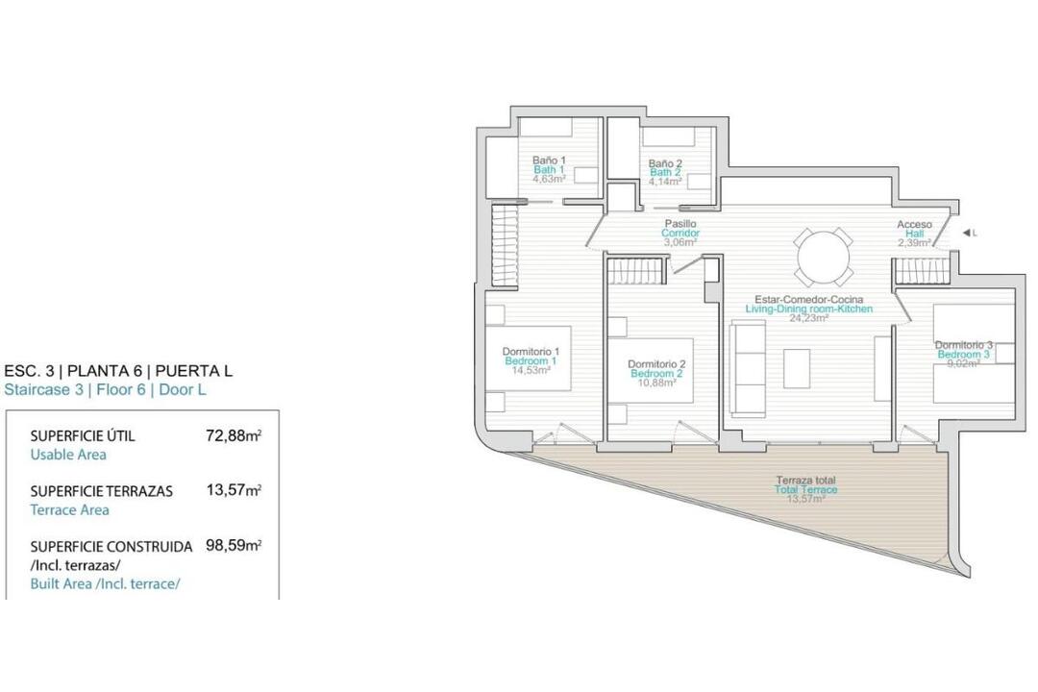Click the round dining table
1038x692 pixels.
coord(824,257)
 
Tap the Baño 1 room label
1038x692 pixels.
coord(549,161)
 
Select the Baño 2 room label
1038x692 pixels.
coord(665,162)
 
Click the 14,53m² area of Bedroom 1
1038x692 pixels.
coord(531,370)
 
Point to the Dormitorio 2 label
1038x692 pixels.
coord(656,364)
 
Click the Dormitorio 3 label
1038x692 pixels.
coord(963,345)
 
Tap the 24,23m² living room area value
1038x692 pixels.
coord(809,318)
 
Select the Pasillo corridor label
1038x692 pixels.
coord(680,224)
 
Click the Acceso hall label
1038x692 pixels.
coord(914,225)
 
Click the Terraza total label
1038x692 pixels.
coord(805,481)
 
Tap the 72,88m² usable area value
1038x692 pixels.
coord(234,435)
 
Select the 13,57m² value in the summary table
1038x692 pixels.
coord(234,490)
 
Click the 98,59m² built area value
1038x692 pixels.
coord(234,546)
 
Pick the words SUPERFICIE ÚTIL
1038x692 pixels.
coord(83,435)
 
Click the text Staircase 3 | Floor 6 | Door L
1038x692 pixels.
coord(106,389)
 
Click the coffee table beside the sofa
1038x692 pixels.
coord(797,369)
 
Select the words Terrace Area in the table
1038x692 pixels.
coord(69,510)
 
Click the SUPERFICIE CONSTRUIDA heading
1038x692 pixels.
coord(111,547)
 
